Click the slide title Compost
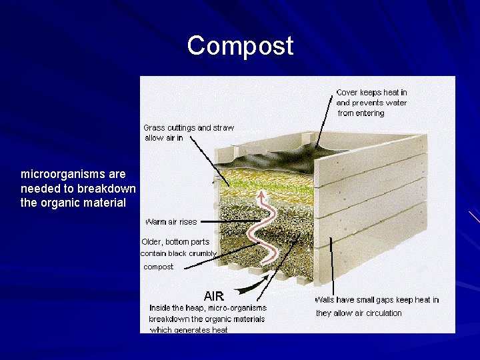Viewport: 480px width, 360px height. (x=240, y=45)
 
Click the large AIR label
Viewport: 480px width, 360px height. (x=213, y=295)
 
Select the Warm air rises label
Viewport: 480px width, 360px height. (x=171, y=221)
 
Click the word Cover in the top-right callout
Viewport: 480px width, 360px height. (x=347, y=93)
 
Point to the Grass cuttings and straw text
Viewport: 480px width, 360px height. (x=189, y=127)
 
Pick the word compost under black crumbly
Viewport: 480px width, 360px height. (x=158, y=267)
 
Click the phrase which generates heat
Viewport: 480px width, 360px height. (x=189, y=329)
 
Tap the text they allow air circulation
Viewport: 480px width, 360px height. (x=359, y=313)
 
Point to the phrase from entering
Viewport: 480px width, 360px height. (x=361, y=113)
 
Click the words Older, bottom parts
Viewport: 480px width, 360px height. (x=175, y=241)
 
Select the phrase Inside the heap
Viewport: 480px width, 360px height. (x=177, y=308)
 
